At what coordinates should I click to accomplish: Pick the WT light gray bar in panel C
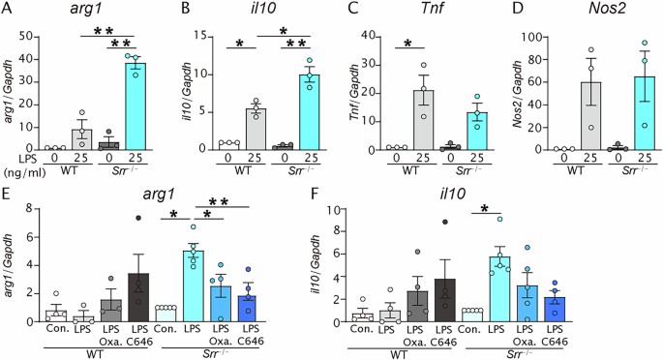coord(423,120)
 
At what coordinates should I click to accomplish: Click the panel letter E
coord(8,182)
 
